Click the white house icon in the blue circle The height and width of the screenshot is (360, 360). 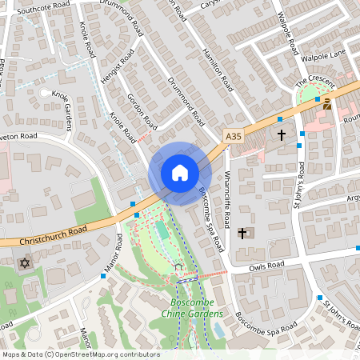pos(180,173)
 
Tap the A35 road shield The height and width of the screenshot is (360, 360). pos(233,137)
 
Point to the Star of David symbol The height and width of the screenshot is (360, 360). pos(24,263)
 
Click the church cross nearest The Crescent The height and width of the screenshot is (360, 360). pos(281,136)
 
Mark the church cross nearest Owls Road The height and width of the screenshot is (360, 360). pos(242,233)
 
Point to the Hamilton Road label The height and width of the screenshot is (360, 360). pos(218,72)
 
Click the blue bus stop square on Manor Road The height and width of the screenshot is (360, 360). pos(103,276)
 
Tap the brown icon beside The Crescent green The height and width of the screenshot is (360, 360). pos(326,103)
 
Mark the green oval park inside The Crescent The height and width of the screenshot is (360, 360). pos(312,97)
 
